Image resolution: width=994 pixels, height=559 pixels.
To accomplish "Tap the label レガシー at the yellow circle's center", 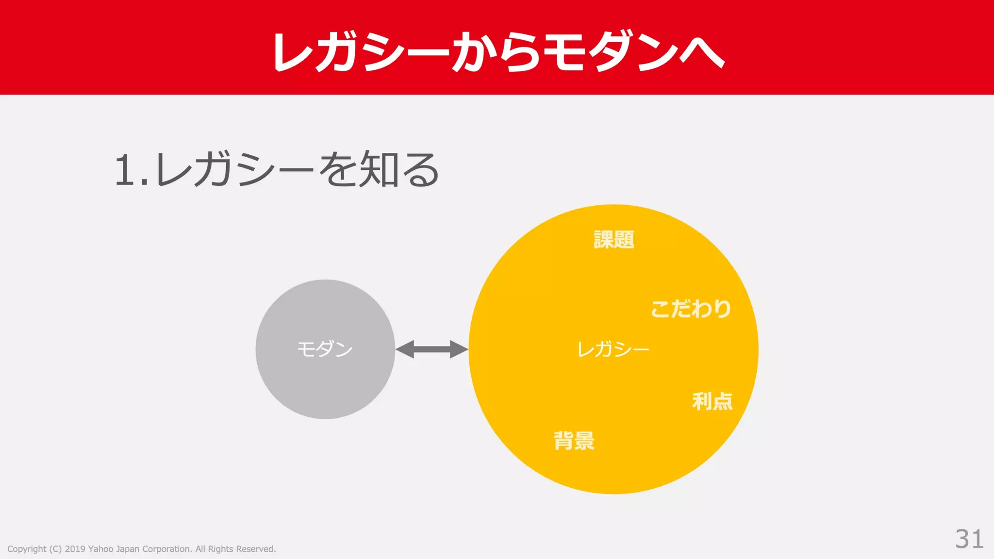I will click(613, 349).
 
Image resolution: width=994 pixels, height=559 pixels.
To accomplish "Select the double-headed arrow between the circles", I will click(431, 349).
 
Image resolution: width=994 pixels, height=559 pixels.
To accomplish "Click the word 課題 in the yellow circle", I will click(614, 240).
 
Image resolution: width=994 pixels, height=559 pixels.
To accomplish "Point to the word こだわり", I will click(691, 309).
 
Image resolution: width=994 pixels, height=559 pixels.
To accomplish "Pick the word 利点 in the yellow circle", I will click(712, 401).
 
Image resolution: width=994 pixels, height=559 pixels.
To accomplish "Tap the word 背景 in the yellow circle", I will click(574, 441).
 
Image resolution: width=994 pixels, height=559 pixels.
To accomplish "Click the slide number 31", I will click(969, 539).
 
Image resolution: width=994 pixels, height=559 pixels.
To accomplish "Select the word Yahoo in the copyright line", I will click(100, 549).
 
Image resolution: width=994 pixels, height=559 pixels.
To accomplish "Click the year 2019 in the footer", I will click(75, 549).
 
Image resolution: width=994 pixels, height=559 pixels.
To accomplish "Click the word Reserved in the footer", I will click(255, 549).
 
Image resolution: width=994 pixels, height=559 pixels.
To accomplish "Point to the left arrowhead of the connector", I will click(405, 349).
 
